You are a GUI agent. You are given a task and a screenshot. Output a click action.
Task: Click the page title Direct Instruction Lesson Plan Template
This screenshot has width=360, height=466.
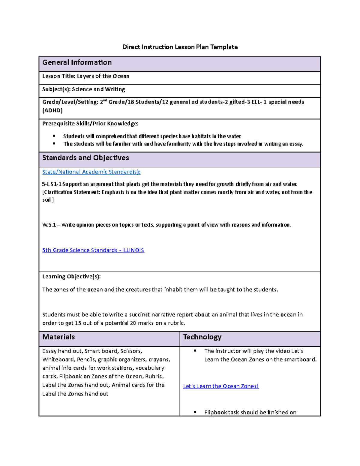tap(180, 47)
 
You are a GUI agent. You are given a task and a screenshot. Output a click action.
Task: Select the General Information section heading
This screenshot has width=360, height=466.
tap(77, 62)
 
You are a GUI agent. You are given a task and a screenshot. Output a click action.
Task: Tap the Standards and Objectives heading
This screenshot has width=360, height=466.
tap(85, 158)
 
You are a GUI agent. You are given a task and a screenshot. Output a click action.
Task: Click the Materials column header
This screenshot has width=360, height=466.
tap(58, 337)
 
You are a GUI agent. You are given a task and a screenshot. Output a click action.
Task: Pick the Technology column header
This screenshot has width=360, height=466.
tap(202, 337)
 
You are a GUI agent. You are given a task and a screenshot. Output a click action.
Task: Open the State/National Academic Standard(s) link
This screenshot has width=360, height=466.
tap(91, 172)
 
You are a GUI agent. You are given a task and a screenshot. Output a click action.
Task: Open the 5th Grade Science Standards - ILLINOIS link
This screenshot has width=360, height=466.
tap(93, 250)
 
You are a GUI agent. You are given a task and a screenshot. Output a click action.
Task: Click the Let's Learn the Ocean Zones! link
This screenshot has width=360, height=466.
tap(221, 386)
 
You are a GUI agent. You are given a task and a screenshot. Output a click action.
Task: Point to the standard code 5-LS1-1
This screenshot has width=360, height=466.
tap(52, 184)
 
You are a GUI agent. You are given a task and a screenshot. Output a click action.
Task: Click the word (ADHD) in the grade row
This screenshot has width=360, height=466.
tap(52, 110)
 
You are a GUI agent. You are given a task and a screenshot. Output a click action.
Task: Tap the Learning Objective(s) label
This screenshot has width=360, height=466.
tap(71, 277)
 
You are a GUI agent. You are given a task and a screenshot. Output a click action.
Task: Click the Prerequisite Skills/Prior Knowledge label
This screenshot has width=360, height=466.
tap(90, 124)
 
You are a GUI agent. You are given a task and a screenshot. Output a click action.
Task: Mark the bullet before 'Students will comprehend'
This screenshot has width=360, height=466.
tap(54, 136)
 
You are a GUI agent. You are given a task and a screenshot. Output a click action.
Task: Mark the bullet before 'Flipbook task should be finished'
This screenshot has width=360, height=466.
tap(195, 413)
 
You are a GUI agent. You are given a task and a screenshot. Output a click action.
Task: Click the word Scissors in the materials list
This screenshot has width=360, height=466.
tap(131, 351)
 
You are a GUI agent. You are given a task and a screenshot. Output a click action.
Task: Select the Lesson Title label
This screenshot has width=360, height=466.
tap(58, 76)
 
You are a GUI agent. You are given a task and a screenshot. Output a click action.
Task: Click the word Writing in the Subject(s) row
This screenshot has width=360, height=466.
tap(115, 89)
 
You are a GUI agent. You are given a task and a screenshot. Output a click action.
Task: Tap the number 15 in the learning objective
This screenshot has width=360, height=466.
tap(78, 323)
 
